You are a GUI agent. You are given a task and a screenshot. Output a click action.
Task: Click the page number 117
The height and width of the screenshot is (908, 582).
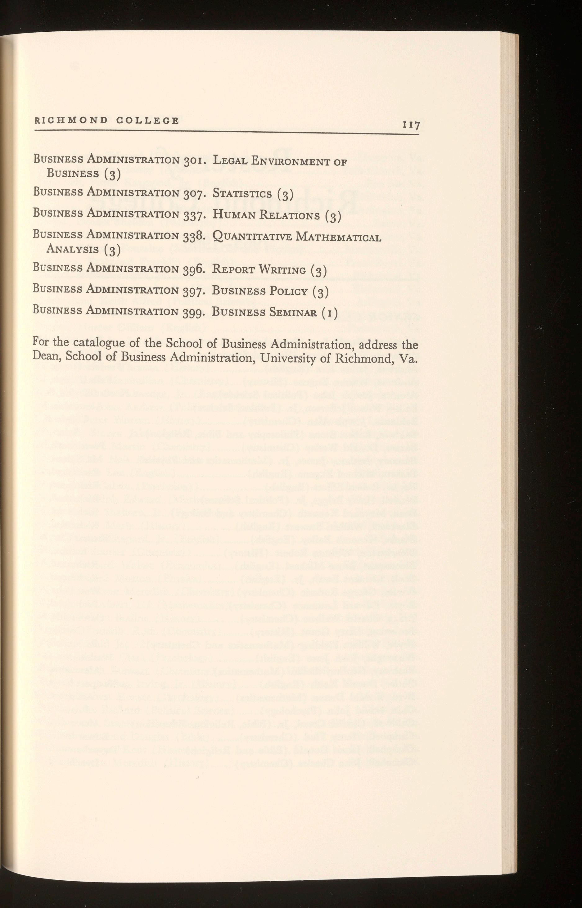(x=411, y=125)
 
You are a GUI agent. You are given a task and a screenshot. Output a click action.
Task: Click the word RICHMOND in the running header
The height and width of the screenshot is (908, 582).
(x=71, y=120)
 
